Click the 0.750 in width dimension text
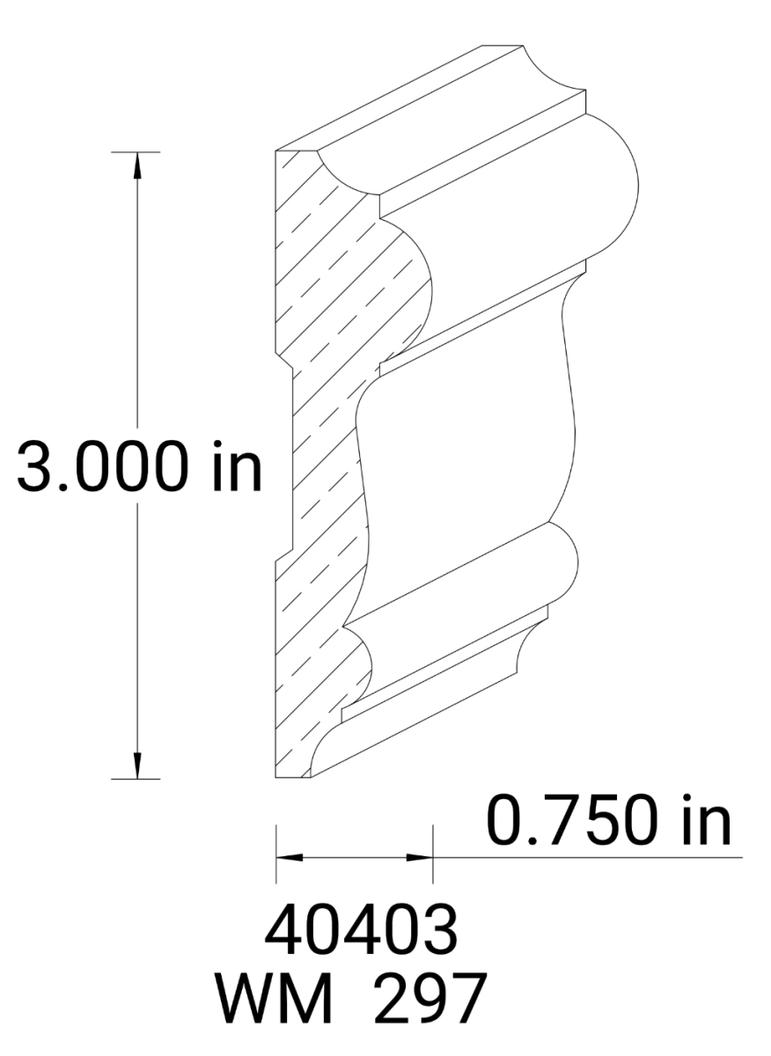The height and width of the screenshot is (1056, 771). point(608,821)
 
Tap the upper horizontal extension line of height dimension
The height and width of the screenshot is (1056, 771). point(136,152)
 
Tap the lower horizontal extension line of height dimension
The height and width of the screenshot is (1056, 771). point(136,779)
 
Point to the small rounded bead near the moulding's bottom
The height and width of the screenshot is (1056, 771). point(554,563)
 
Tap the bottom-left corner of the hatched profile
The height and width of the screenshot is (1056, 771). point(277,777)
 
